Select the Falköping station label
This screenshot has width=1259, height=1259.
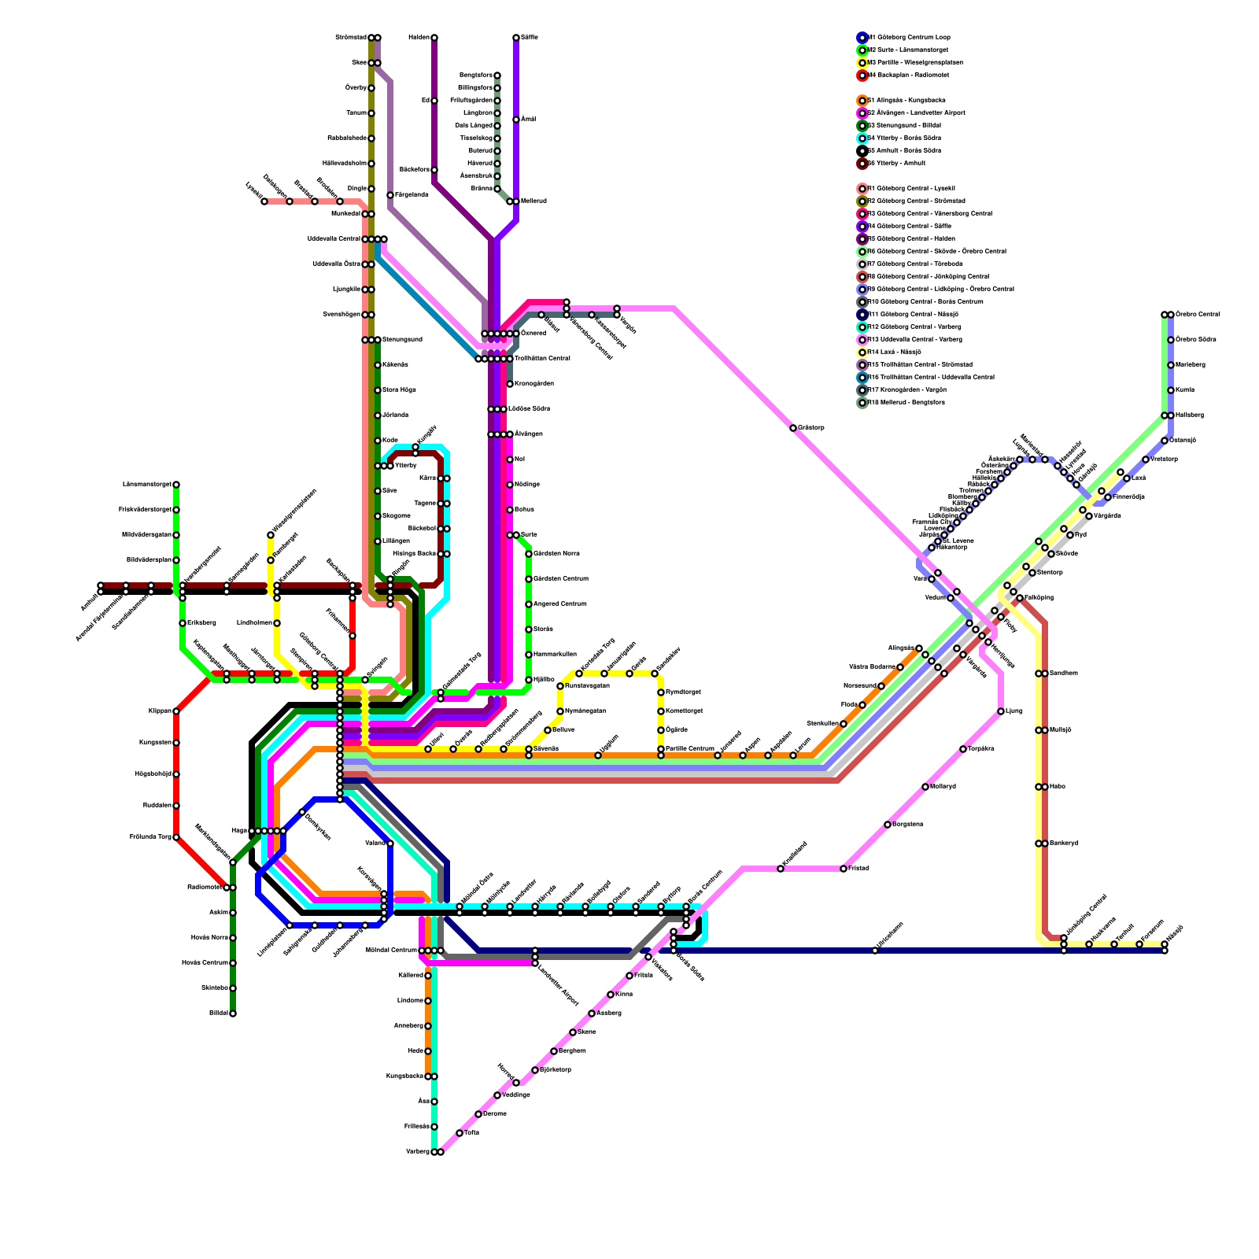point(1039,598)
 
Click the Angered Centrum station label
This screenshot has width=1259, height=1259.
point(560,604)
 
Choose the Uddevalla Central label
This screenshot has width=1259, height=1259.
point(334,239)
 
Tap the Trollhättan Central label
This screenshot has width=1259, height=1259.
point(542,359)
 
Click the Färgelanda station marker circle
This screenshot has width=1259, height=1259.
point(390,195)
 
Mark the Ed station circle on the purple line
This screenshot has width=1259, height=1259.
point(434,101)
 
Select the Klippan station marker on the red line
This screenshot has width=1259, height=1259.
point(176,711)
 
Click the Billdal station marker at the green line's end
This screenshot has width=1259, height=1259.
point(233,1013)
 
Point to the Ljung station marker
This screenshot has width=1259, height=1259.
point(1001,711)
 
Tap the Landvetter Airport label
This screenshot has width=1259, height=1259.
point(558,984)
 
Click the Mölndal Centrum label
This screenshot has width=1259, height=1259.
point(392,951)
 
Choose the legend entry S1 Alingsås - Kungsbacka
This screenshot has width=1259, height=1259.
point(906,101)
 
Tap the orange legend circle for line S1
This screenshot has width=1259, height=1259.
point(862,101)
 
